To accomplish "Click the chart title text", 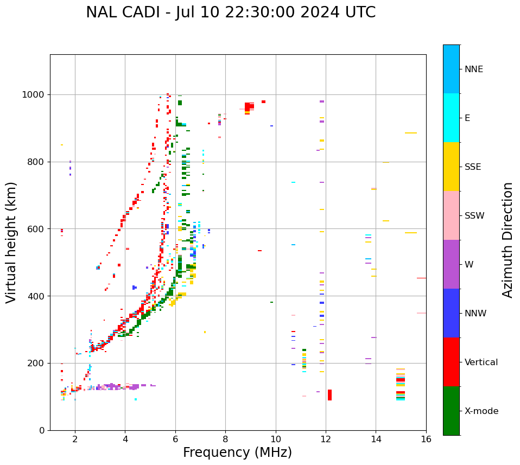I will point(231,12).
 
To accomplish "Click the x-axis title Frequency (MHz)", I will point(237,453).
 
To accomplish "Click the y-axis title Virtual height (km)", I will point(11,243).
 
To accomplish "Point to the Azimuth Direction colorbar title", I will point(508,240).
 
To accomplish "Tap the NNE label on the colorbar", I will point(473,69).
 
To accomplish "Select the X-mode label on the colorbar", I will point(481,411).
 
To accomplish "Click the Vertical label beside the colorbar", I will point(481,362).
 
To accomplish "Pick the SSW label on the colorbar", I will point(474,216).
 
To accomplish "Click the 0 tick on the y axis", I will point(43,430).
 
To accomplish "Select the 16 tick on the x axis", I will point(426,439).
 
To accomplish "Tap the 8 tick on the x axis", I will point(225,439).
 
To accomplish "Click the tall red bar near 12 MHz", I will point(329,395).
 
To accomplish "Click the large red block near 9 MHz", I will point(249,106).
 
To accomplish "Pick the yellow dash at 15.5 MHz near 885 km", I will point(410,133).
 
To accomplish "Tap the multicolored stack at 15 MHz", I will point(401,385).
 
